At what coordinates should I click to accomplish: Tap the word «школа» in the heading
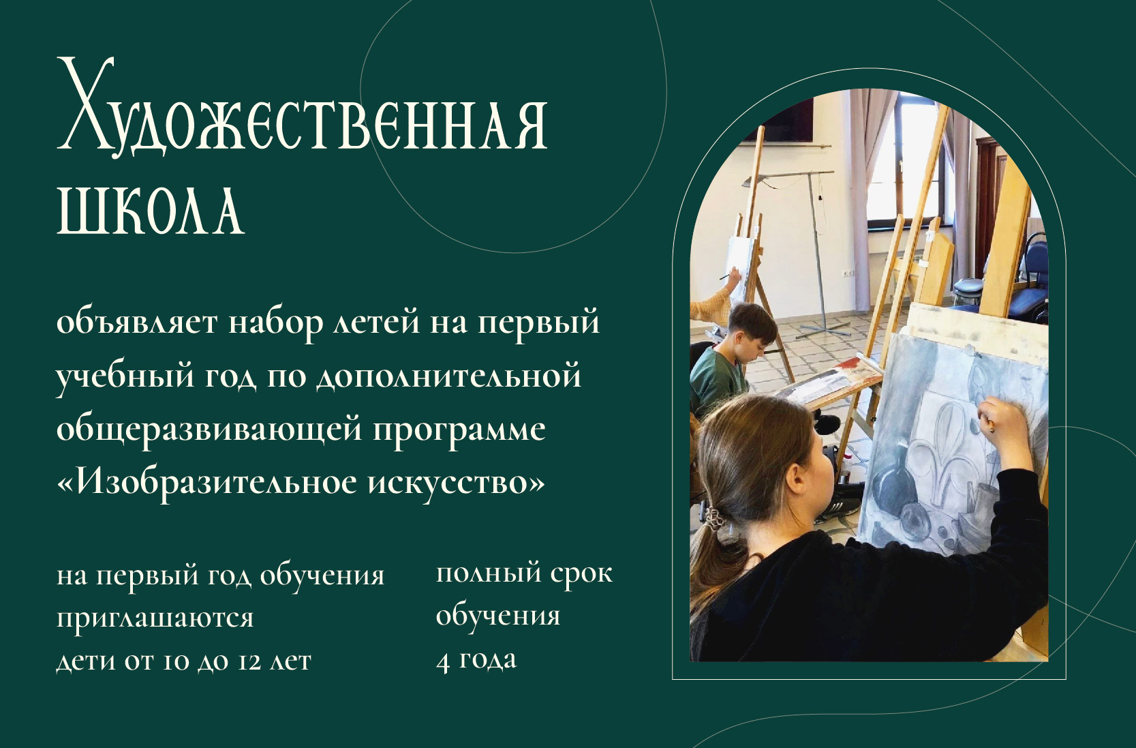pos(151,211)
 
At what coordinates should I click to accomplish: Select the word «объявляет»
pos(137,323)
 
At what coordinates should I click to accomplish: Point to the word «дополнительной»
pos(449,376)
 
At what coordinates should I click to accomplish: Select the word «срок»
pos(581,574)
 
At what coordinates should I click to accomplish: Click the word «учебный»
pos(125,376)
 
